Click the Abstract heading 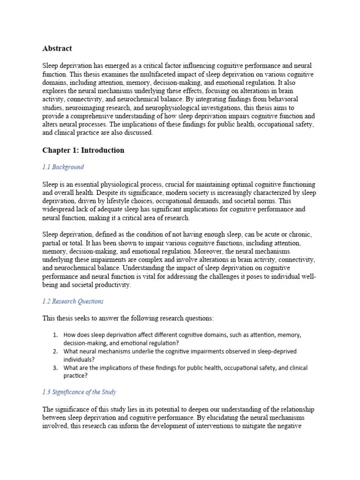(x=57, y=48)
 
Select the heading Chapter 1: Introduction (x=83, y=150)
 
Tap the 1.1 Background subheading (x=63, y=167)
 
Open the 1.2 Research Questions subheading (x=73, y=301)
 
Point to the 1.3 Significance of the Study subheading (x=79, y=392)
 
